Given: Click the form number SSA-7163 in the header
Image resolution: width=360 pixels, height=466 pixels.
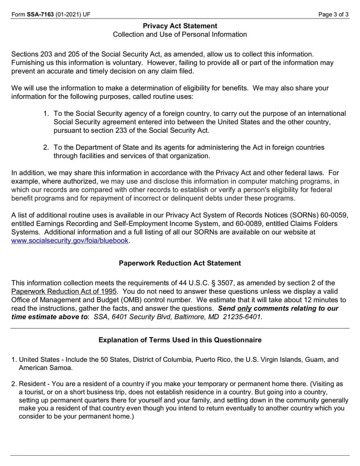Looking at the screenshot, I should [x=40, y=14].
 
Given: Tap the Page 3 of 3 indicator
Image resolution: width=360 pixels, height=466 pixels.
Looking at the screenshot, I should [x=333, y=14].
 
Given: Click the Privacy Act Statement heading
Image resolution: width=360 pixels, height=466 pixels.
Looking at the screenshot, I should [x=180, y=26].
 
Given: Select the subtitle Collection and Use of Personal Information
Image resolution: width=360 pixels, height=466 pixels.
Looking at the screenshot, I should [x=180, y=35].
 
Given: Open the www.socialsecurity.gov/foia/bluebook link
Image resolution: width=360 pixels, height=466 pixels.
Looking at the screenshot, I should [x=70, y=241].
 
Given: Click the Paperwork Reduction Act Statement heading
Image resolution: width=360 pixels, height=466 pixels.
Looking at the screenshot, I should [x=180, y=263].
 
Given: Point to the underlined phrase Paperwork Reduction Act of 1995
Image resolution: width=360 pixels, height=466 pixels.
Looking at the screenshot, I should [x=62, y=291].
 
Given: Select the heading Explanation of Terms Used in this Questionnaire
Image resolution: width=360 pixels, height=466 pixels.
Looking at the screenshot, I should [x=180, y=340].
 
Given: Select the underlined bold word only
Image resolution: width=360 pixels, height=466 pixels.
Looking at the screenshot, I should [x=244, y=308].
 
